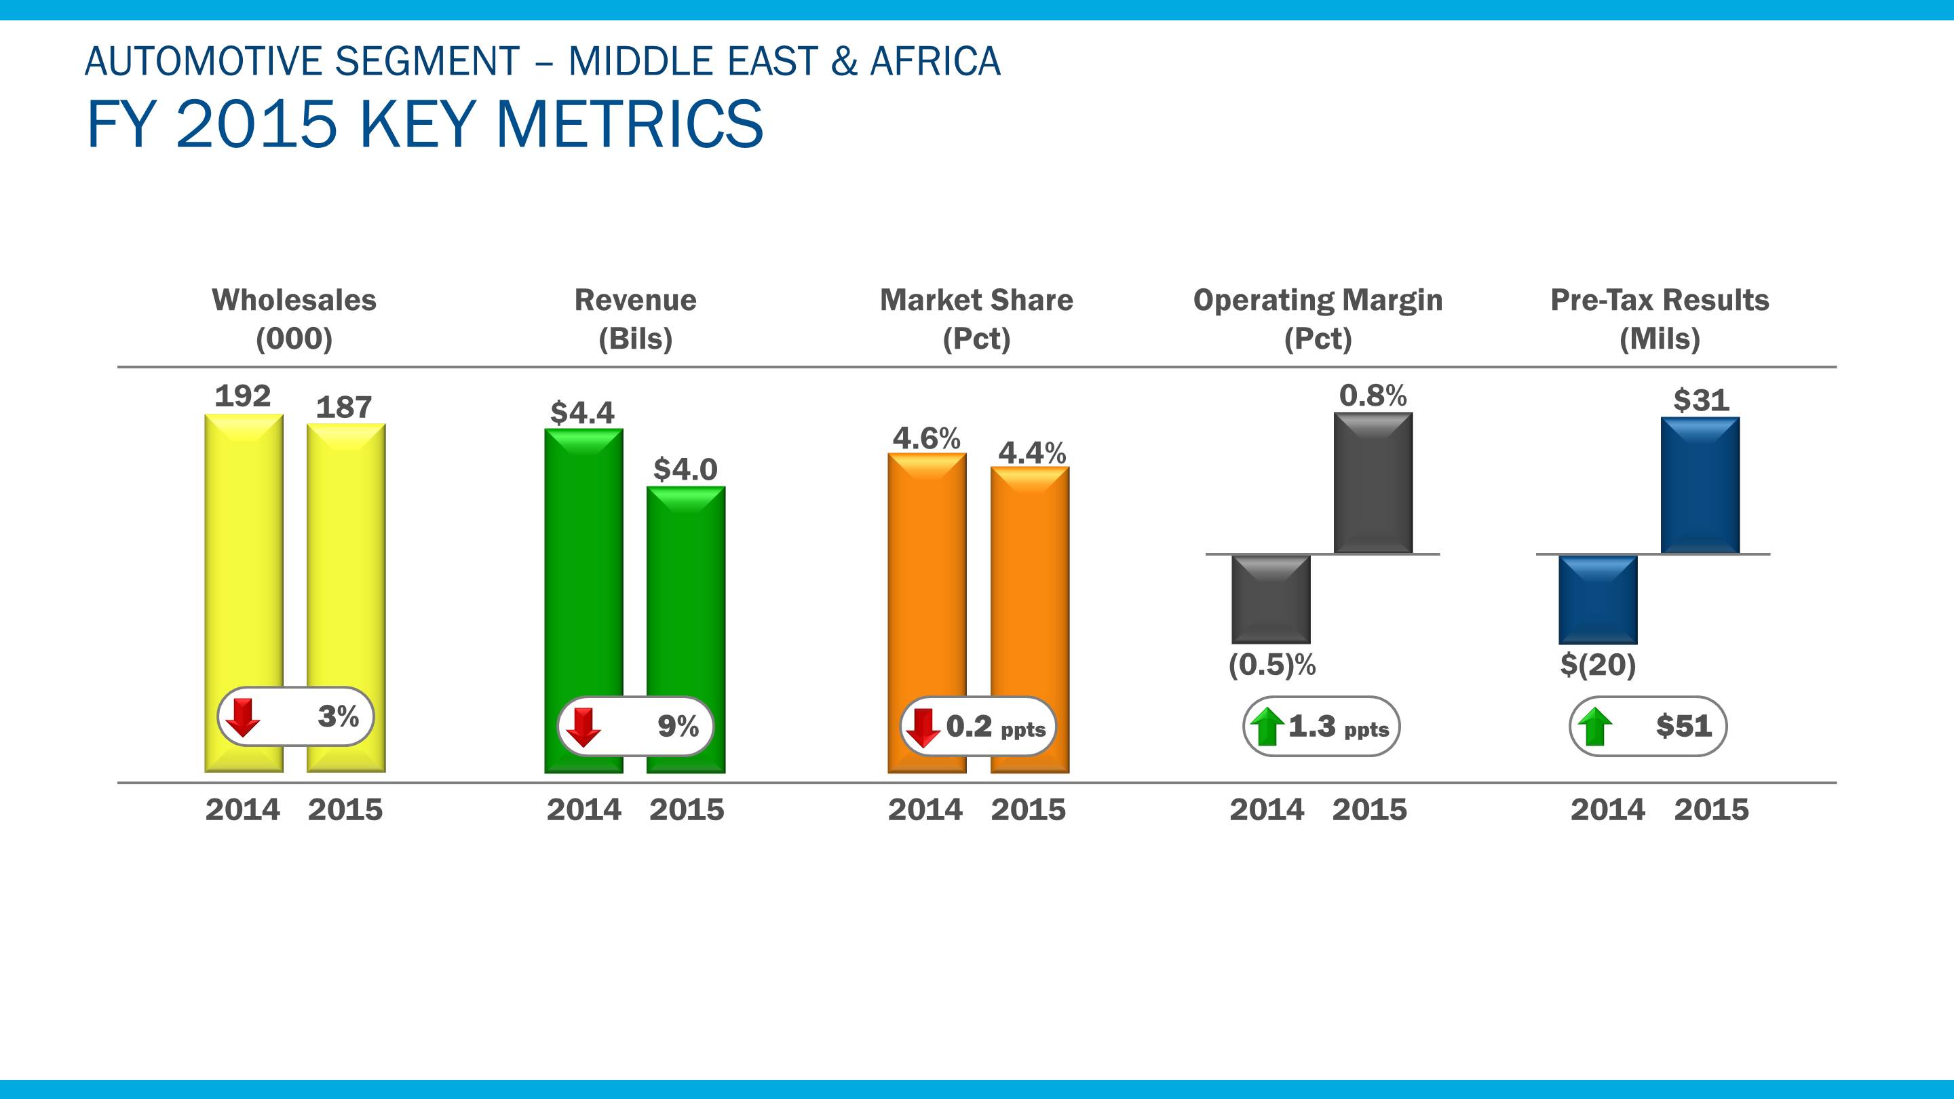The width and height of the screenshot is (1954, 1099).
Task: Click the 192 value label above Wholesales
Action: [243, 396]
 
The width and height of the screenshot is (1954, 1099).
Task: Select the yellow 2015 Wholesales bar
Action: [346, 561]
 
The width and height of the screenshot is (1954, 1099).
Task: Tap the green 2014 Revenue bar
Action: [583, 561]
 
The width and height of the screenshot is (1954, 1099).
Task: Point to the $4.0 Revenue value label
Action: [685, 469]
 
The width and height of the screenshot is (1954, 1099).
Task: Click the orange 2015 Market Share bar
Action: [1029, 577]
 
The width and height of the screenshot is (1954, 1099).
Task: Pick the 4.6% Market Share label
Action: [926, 438]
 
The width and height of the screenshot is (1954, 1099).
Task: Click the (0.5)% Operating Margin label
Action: [1272, 665]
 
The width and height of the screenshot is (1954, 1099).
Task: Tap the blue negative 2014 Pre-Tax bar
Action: [1598, 599]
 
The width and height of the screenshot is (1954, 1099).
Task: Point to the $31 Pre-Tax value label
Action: [1702, 400]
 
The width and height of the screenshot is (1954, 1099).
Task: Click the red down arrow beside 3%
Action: [243, 718]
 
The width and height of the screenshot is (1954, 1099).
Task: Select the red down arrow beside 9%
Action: [583, 727]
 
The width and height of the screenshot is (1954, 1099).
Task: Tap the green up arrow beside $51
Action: [1595, 727]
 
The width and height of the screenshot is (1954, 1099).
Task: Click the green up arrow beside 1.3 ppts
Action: [1266, 727]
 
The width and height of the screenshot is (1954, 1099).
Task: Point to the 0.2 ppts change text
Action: [995, 727]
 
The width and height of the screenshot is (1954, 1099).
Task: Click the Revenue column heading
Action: [635, 301]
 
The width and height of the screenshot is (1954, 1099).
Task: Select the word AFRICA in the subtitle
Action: [936, 62]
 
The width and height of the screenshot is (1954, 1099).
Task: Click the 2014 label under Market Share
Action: [925, 810]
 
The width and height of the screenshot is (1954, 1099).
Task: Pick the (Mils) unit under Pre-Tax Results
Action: [1660, 339]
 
